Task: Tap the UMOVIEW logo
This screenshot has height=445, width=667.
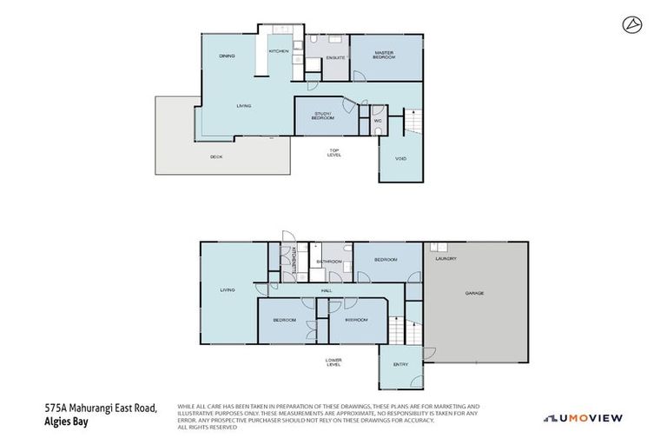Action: [583, 418]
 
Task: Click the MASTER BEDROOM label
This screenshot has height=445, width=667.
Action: [384, 55]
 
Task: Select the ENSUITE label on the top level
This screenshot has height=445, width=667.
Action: [335, 57]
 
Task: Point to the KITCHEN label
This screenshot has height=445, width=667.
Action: [279, 51]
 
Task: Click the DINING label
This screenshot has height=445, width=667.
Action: [227, 56]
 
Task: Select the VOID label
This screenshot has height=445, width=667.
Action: [400, 159]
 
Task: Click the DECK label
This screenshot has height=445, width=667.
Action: [216, 156]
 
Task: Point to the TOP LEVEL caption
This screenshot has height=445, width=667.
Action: [334, 153]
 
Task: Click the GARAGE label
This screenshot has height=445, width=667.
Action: [474, 293]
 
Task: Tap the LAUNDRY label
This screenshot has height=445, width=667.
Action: [446, 259]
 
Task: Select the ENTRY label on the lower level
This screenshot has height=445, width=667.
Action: [400, 364]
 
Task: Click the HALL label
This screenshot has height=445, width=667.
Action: [327, 290]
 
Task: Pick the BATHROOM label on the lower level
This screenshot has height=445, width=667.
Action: [328, 261]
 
